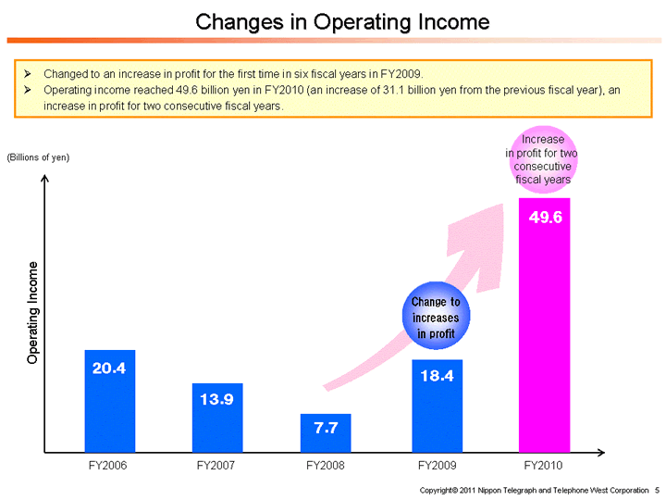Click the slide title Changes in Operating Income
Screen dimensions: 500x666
click(342, 20)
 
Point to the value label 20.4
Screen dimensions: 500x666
click(109, 368)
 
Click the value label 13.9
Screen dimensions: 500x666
click(217, 399)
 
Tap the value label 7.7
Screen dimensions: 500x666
click(326, 428)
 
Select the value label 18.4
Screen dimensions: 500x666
click(437, 376)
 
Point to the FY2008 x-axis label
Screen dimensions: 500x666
click(326, 465)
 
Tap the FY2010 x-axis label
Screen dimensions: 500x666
click(543, 465)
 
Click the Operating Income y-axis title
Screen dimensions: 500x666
click(33, 312)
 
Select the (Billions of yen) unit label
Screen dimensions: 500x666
click(38, 157)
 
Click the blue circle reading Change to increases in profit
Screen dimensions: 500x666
click(435, 317)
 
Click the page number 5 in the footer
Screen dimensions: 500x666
click(657, 489)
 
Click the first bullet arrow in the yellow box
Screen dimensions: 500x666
click(28, 72)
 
